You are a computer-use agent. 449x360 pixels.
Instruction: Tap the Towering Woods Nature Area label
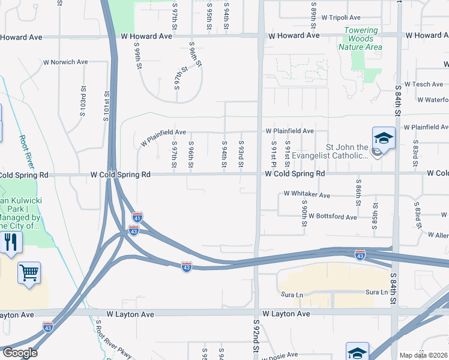360,38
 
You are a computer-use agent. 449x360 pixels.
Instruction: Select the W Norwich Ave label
65,62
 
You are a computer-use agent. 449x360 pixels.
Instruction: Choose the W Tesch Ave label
424,85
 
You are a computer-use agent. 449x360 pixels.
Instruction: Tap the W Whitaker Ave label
307,194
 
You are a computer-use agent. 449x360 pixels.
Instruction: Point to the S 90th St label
304,206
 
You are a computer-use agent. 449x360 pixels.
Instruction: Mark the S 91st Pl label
273,155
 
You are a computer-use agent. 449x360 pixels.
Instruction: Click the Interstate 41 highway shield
137,217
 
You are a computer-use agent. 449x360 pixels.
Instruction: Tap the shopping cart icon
29,273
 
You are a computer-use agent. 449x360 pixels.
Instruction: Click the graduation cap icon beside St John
384,139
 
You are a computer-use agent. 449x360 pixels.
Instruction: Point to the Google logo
19,353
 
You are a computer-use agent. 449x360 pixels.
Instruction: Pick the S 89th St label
314,18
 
